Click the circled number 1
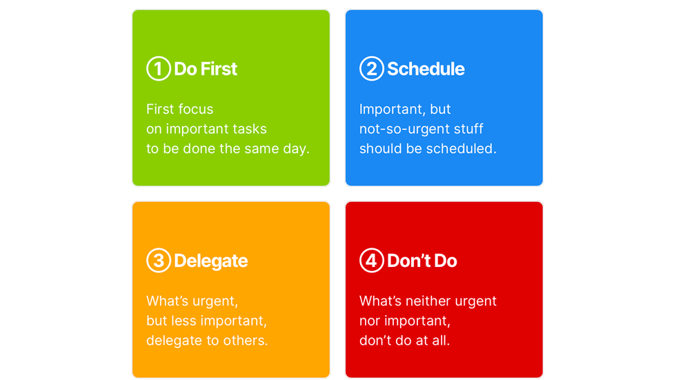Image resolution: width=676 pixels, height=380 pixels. tap(159, 68)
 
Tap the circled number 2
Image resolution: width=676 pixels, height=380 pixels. tap(372, 68)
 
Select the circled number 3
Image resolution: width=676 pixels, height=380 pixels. tap(159, 260)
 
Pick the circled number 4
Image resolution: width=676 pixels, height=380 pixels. tap(372, 260)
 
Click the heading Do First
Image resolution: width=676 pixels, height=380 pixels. tap(206, 69)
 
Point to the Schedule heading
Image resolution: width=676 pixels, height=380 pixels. tap(426, 69)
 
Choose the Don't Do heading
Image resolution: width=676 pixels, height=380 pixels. tap(422, 261)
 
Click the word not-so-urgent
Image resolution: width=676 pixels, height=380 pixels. tap(403, 129)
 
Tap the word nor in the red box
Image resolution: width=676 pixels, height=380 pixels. tap(370, 321)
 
